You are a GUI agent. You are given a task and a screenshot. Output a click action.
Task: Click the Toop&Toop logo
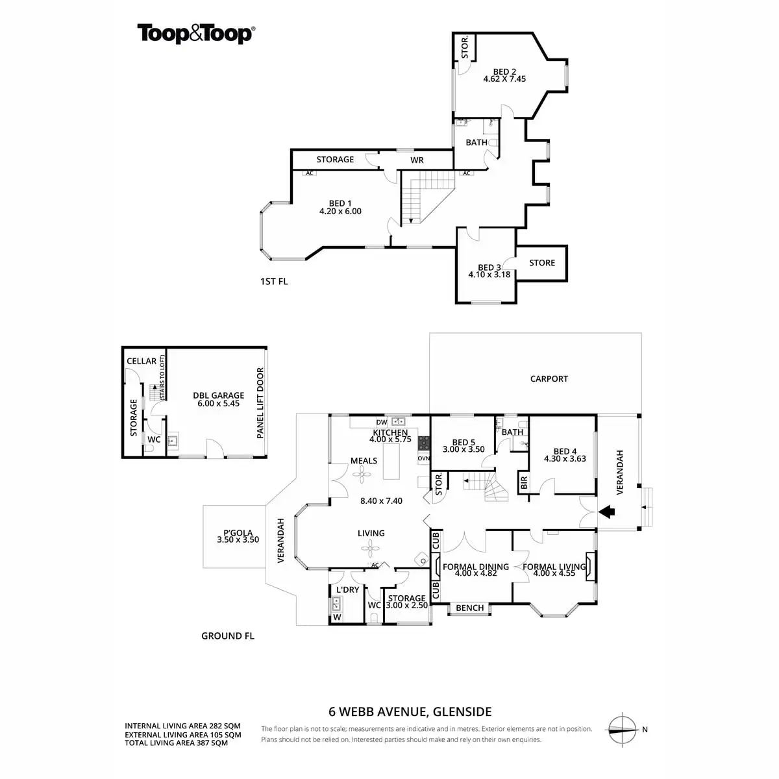pyautogui.click(x=195, y=34)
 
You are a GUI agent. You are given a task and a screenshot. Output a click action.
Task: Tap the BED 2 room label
pyautogui.click(x=504, y=72)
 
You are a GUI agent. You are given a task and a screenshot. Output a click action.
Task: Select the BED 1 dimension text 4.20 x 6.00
pyautogui.click(x=340, y=211)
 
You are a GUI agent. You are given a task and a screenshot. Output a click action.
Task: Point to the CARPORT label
pyautogui.click(x=549, y=378)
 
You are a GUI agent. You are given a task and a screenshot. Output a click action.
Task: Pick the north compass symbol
pyautogui.click(x=621, y=729)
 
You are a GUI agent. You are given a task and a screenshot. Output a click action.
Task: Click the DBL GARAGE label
pyautogui.click(x=218, y=395)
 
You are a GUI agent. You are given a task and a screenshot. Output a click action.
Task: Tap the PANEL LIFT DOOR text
pyautogui.click(x=260, y=403)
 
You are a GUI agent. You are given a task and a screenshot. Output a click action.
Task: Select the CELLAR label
pyautogui.click(x=142, y=361)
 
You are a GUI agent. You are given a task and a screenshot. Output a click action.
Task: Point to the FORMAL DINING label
pyautogui.click(x=475, y=567)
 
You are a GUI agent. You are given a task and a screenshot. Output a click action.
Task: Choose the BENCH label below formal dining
pyautogui.click(x=469, y=608)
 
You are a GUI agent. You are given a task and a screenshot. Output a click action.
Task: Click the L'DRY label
pyautogui.click(x=347, y=589)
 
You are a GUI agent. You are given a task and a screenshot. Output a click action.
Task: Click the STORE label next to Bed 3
pyautogui.click(x=542, y=263)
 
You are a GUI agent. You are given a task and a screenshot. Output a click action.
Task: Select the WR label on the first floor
pyautogui.click(x=417, y=160)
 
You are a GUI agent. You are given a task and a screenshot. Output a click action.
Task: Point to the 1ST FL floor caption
pyautogui.click(x=273, y=282)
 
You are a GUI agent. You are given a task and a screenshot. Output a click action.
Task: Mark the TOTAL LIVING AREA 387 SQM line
pyautogui.click(x=176, y=743)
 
